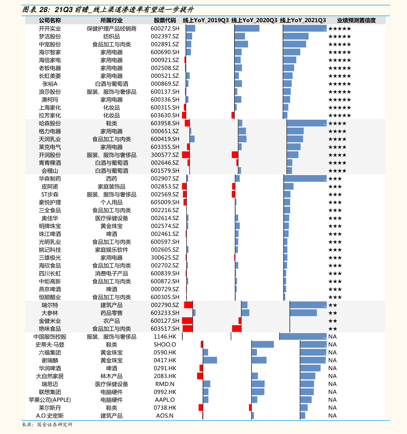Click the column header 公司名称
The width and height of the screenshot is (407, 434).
pyautogui.click(x=50, y=20)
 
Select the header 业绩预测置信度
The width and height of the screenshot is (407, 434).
pyautogui.click(x=356, y=20)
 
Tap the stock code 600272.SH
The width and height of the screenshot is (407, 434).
pyautogui.click(x=165, y=28)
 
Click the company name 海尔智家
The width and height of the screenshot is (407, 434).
pyautogui.click(x=50, y=52)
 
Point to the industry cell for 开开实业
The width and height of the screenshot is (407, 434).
pyautogui.click(x=111, y=29)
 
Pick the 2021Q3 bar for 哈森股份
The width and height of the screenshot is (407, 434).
pyautogui.click(x=307, y=123)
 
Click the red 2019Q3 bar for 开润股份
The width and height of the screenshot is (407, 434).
pyautogui.click(x=186, y=155)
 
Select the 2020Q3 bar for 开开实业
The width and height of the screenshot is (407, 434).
pyautogui.click(x=247, y=28)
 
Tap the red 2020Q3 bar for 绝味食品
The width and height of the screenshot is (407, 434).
pyautogui.click(x=237, y=329)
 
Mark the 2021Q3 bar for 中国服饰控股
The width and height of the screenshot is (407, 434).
pyautogui.click(x=303, y=336)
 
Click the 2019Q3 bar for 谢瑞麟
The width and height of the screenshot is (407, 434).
pyautogui.click(x=210, y=360)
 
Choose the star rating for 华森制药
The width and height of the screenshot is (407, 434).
pyautogui.click(x=335, y=179)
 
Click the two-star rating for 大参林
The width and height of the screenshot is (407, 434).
pyautogui.click(x=333, y=313)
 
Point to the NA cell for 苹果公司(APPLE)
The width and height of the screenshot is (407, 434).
pyautogui.click(x=333, y=400)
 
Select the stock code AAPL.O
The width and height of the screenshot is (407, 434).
pyautogui.click(x=165, y=400)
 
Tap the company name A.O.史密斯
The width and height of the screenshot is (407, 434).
pyautogui.click(x=50, y=416)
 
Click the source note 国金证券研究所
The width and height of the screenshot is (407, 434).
pyautogui.click(x=55, y=424)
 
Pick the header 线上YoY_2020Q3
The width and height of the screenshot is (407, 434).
pyautogui.click(x=254, y=20)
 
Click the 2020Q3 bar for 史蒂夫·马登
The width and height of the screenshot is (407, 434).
pyautogui.click(x=263, y=344)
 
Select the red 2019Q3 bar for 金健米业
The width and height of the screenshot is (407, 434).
pyautogui.click(x=187, y=321)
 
